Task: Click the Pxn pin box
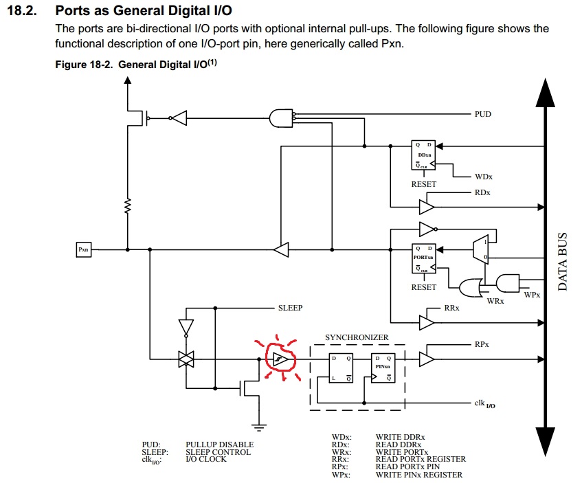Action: point(83,250)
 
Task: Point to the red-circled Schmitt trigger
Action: point(278,358)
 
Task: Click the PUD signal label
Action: point(483,114)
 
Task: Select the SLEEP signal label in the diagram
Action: point(290,308)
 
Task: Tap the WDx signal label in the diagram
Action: point(484,177)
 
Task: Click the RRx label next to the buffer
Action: point(452,309)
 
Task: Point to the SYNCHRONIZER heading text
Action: point(357,337)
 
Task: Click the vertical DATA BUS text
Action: point(562,261)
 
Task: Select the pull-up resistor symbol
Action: point(127,205)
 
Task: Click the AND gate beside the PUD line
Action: point(282,118)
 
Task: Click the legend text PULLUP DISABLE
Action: point(219,445)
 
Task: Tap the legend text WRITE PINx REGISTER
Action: point(418,475)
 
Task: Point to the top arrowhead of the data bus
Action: point(544,93)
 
